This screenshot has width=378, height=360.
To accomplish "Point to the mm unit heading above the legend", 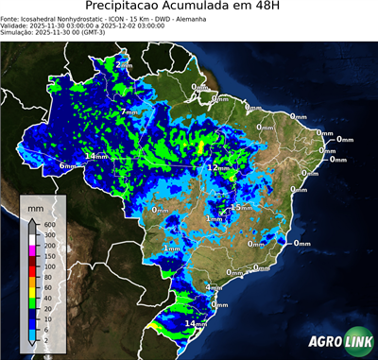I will (x=35, y=205).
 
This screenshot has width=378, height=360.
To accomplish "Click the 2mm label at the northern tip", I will (x=124, y=67).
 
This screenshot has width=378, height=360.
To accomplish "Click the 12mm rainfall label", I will (x=216, y=167).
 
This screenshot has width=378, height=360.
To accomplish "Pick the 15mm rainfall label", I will (x=242, y=207).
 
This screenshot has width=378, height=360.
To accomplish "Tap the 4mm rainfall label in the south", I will (x=214, y=286).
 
